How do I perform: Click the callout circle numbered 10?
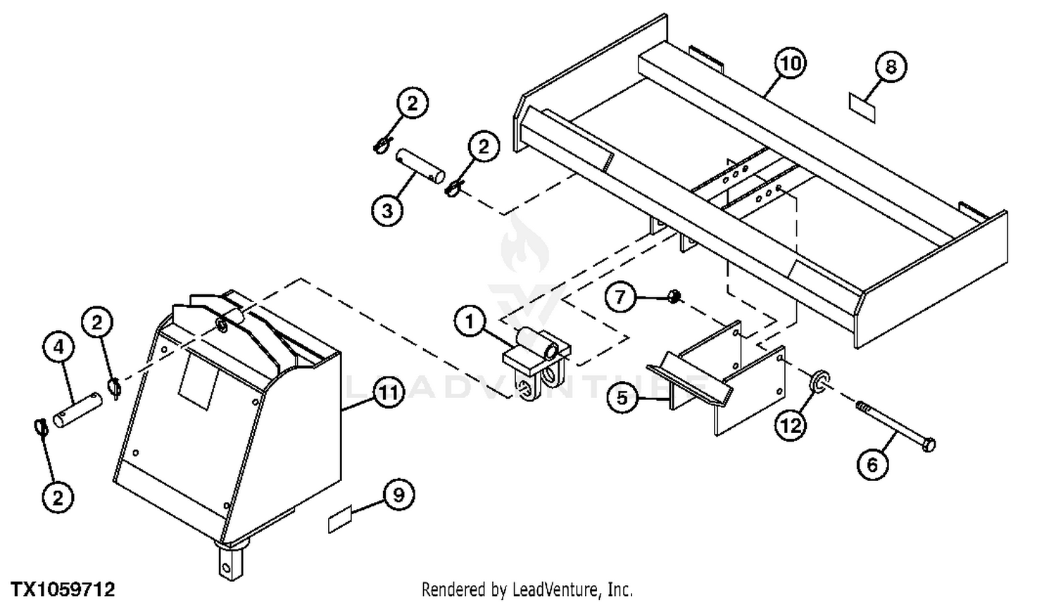(x=791, y=63)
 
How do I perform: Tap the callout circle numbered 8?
(x=891, y=66)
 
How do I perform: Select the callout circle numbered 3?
(x=387, y=211)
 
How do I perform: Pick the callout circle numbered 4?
(x=58, y=347)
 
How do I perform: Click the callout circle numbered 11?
(x=389, y=392)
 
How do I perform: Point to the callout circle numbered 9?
(x=398, y=495)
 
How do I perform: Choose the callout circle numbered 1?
(x=470, y=322)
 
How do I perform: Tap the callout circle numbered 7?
(x=620, y=297)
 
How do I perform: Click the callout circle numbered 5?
(x=622, y=398)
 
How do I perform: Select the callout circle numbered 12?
(x=791, y=426)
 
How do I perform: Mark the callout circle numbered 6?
(x=873, y=464)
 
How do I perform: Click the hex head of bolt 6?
(x=928, y=444)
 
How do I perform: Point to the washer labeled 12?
(x=820, y=381)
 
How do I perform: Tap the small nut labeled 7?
(x=674, y=297)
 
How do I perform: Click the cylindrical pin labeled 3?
(x=420, y=166)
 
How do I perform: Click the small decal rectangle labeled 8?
(x=862, y=108)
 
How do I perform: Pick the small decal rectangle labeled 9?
(x=340, y=518)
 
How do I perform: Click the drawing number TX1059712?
(x=63, y=590)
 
